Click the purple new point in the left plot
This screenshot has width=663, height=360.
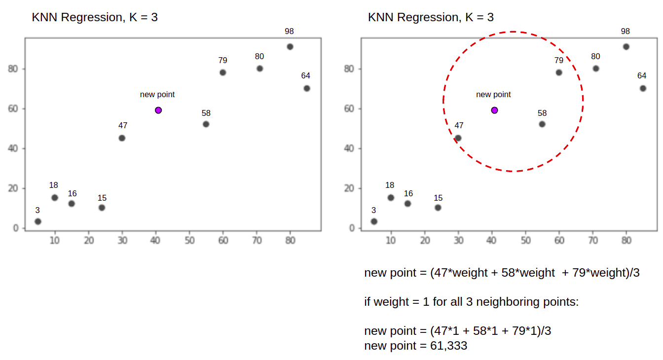(158, 110)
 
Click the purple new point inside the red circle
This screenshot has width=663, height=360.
(494, 110)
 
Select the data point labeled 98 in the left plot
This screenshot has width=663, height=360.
(290, 47)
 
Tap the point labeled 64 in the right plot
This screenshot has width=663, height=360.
(643, 88)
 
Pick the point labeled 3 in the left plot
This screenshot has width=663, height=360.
(38, 221)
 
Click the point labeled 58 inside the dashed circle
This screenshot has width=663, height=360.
(542, 124)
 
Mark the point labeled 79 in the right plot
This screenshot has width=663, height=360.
(559, 72)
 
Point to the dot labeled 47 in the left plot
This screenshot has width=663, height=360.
(122, 138)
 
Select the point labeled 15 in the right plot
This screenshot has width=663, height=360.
(438, 208)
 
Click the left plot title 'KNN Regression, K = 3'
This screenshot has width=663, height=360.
(95, 17)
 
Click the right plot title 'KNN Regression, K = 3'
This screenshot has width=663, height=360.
(431, 17)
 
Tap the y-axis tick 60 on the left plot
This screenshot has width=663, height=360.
(13, 108)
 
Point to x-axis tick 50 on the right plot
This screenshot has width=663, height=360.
(526, 241)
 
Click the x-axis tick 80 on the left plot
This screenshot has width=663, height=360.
(290, 241)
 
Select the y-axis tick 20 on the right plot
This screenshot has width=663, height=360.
(349, 188)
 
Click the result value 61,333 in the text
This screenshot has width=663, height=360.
(448, 346)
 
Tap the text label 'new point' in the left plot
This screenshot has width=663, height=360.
(157, 94)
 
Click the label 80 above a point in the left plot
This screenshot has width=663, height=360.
(259, 56)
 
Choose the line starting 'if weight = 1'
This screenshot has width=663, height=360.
(471, 301)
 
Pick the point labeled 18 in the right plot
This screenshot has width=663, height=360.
(391, 198)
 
